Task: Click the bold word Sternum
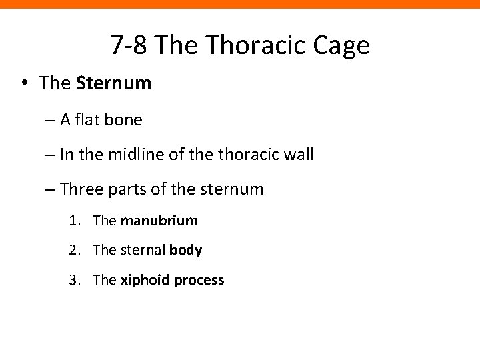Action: [114, 84]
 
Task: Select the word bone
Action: [124, 120]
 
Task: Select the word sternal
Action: [142, 250]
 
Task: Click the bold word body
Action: [186, 250]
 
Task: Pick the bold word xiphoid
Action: [144, 280]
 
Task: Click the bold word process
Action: [199, 281]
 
